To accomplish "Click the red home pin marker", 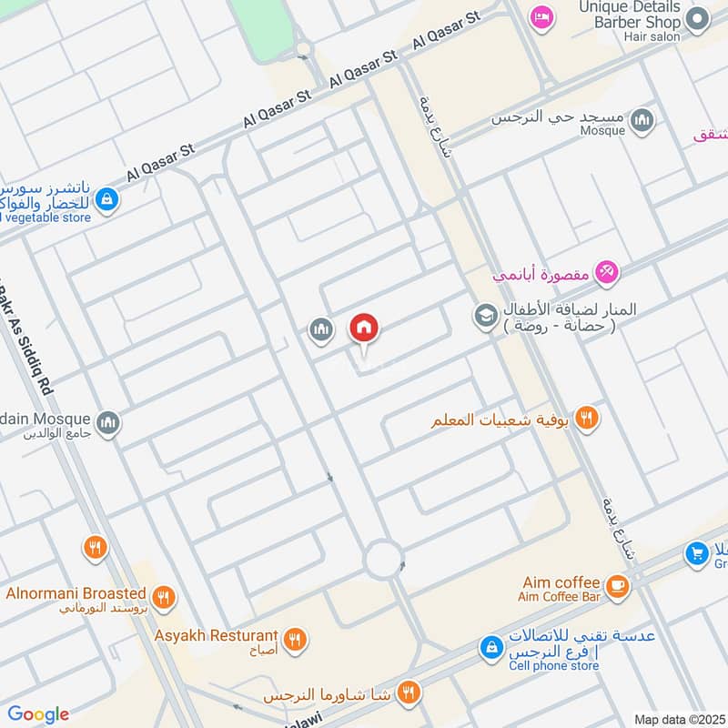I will [x=364, y=329].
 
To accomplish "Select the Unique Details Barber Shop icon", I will [x=697, y=17].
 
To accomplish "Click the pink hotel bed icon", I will [x=542, y=17].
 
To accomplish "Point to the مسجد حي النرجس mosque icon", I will [x=642, y=121].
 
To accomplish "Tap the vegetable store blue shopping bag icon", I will [x=106, y=197].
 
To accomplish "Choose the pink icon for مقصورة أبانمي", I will [x=606, y=271].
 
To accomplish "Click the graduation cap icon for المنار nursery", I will [x=484, y=316].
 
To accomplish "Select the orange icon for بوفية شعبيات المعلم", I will [x=588, y=419].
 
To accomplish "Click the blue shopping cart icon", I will [x=697, y=553].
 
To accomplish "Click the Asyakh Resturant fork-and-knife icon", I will [x=294, y=640].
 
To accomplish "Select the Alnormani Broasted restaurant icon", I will [x=163, y=598].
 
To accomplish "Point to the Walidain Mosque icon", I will [x=108, y=422].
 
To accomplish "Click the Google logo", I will [x=38, y=714].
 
